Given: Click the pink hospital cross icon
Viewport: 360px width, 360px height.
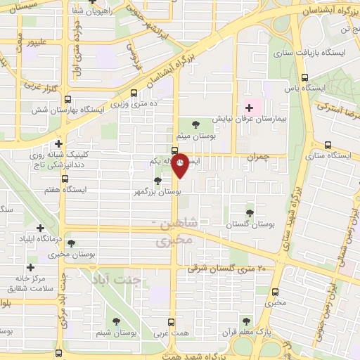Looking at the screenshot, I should coord(250,107).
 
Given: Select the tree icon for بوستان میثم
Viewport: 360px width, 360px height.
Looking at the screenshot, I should coord(195,124).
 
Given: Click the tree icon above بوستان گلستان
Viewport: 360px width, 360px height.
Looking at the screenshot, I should coord(250,212).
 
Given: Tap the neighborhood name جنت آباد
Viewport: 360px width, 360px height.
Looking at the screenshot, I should coord(117,279).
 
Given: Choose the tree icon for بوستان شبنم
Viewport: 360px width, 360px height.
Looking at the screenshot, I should coord(115,321).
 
